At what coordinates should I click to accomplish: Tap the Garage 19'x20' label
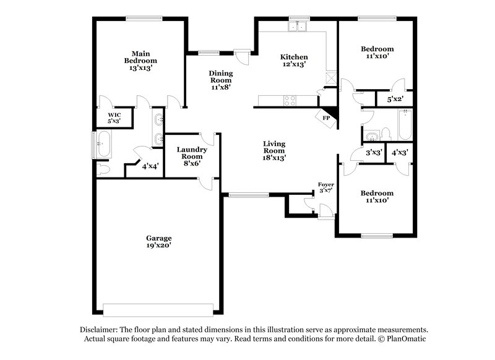158,242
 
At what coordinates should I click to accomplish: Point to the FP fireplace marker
325,118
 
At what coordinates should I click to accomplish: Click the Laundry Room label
191,153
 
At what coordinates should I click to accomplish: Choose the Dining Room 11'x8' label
220,80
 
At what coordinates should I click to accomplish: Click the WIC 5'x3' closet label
114,118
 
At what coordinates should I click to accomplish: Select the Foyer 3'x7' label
326,187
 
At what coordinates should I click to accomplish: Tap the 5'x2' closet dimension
394,99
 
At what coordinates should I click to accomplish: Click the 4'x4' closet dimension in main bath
150,166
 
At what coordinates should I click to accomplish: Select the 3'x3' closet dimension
373,152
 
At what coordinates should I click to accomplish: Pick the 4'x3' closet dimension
400,152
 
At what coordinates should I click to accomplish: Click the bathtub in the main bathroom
102,146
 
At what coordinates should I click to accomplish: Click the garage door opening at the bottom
158,309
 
